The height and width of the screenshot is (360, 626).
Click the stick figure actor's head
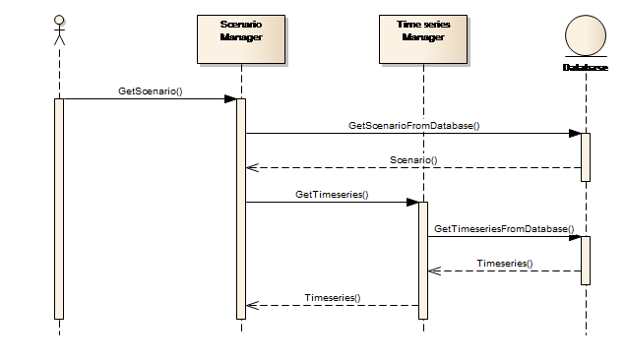[59, 20]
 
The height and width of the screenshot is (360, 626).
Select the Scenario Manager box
[241, 39]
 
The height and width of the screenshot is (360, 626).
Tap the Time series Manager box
[423, 39]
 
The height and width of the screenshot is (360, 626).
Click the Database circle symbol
[586, 35]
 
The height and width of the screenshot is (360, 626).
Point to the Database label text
[586, 68]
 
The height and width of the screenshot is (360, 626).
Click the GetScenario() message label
[151, 91]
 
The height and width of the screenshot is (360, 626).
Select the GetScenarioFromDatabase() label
[414, 126]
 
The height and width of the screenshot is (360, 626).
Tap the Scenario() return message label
[413, 160]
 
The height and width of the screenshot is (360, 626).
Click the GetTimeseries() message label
[332, 195]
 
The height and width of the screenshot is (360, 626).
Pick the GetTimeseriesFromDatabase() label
[504, 229]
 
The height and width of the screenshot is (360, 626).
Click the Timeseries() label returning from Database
[505, 264]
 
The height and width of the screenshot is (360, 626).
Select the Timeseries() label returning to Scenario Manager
[333, 298]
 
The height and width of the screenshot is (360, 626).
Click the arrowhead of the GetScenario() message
[230, 99]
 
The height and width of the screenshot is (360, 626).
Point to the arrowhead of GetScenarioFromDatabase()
[575, 134]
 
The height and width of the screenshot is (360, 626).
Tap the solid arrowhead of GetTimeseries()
[412, 203]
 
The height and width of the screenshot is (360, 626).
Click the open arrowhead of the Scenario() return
[252, 167]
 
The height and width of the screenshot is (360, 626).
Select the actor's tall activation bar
[59, 210]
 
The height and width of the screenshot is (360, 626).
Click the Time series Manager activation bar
[423, 261]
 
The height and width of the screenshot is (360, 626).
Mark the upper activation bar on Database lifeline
[586, 157]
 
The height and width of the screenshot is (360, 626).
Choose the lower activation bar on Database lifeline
[586, 261]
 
